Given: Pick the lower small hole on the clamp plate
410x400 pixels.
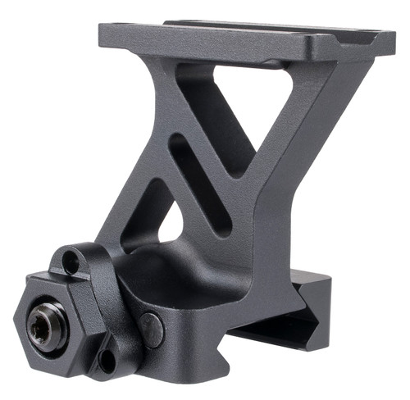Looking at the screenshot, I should (x=106, y=359).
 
